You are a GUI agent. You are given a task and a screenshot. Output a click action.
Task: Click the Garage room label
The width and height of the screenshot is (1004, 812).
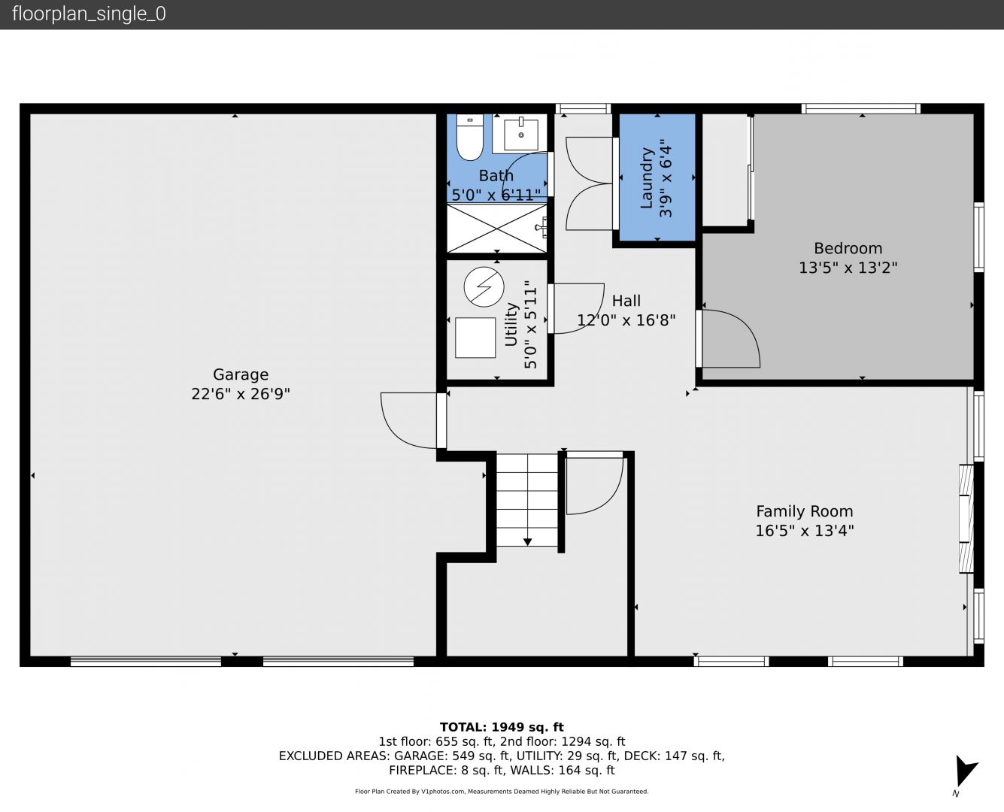tap(241, 374)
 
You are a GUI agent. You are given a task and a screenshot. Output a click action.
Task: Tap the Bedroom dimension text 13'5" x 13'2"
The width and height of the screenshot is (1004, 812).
tap(848, 268)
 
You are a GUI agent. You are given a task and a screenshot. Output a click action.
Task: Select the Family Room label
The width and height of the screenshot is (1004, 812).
tap(805, 511)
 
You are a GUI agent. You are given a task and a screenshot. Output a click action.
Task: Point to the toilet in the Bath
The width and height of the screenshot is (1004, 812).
tap(469, 137)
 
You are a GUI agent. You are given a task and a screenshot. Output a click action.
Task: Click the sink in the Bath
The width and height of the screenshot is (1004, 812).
tap(520, 135)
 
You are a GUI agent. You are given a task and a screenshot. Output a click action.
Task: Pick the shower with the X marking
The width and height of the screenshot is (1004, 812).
tap(497, 229)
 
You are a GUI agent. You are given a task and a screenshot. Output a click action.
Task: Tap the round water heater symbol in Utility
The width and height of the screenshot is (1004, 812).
tap(484, 286)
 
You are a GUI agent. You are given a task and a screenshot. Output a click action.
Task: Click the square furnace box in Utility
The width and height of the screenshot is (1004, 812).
tap(475, 338)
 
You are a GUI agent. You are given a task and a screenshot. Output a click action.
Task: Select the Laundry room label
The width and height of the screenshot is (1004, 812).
tap(647, 178)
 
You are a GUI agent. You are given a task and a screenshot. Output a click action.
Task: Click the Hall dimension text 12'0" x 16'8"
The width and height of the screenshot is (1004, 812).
tap(626, 320)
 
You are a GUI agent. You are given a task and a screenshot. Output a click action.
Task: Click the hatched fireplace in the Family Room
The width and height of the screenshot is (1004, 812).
tap(966, 519)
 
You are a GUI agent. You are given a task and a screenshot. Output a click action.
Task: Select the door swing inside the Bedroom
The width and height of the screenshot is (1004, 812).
tap(730, 338)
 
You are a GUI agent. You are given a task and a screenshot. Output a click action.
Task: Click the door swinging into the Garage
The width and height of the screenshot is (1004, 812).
tap(409, 420)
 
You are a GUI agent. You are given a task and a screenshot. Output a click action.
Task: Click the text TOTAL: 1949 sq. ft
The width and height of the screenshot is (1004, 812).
tap(502, 727)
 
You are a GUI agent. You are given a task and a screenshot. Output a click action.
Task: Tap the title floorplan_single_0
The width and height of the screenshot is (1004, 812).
tap(89, 14)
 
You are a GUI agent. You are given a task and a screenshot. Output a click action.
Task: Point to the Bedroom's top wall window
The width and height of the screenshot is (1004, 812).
tap(860, 109)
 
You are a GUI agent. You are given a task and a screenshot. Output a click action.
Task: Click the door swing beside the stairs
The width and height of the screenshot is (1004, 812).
tap(595, 485)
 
